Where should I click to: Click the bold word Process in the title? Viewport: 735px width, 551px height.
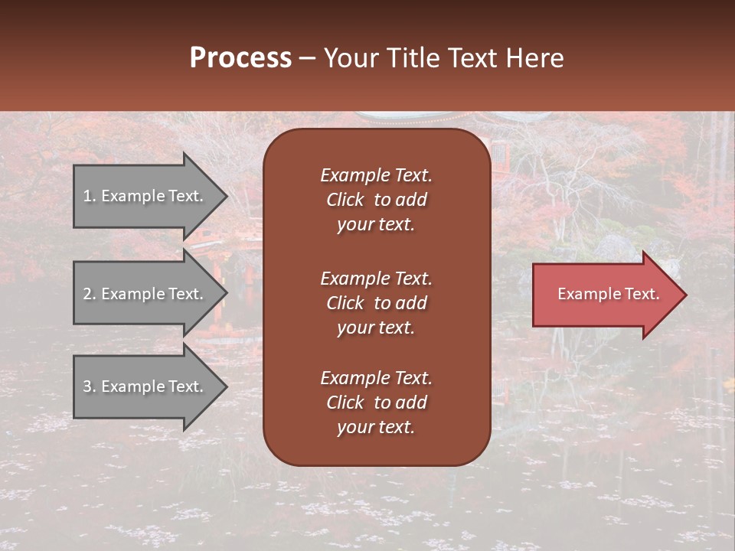(240, 58)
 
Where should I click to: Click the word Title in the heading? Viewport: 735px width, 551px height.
(413, 58)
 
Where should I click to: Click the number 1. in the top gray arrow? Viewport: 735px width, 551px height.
(89, 196)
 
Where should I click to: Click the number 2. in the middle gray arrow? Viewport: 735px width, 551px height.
(89, 294)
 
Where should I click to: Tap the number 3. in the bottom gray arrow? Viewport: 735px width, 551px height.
(89, 386)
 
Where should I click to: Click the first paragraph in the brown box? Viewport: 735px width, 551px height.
(376, 200)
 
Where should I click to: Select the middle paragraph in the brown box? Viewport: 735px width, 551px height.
(376, 303)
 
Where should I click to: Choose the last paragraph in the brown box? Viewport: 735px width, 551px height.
(376, 403)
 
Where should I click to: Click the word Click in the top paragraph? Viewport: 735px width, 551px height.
(345, 200)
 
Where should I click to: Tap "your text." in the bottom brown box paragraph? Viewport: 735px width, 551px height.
(376, 427)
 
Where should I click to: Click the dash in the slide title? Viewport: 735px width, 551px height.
(307, 58)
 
